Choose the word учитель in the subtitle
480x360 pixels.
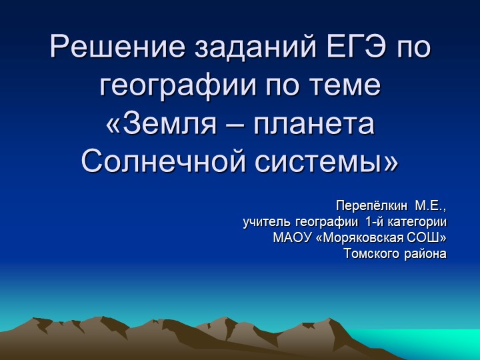click(x=265, y=221)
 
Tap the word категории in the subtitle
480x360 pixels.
click(x=419, y=221)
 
